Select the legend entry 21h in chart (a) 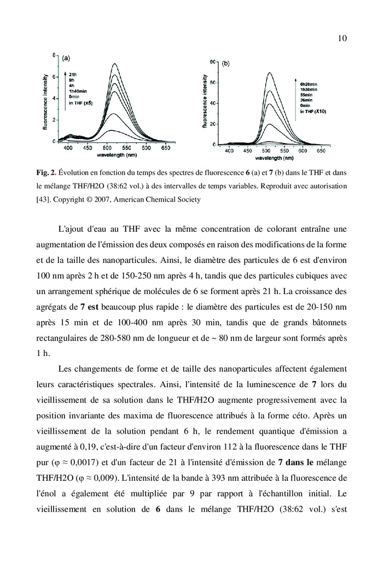(72, 74)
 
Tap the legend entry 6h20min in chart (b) (310, 84)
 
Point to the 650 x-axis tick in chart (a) (165, 148)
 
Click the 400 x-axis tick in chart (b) (229, 151)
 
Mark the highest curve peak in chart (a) (114, 64)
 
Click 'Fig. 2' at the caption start (45, 173)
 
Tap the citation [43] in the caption (44, 199)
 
